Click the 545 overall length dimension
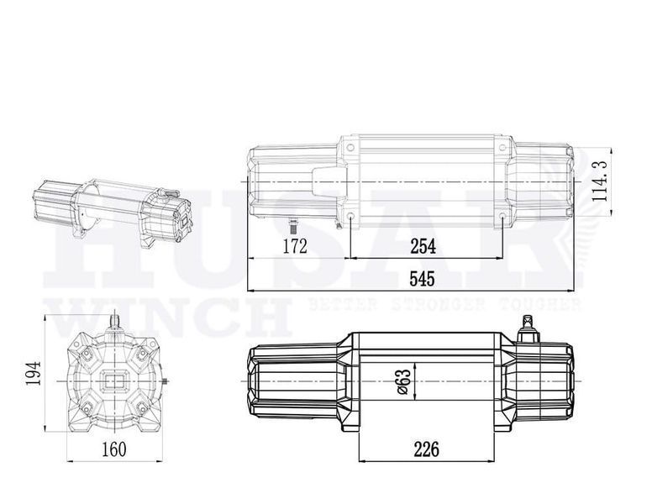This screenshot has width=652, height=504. tap(422, 279)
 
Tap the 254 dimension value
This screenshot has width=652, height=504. tap(423, 247)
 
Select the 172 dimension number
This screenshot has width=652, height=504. tap(295, 246)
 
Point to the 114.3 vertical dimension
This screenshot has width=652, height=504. tap(600, 181)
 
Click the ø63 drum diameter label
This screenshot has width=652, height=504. tap(404, 381)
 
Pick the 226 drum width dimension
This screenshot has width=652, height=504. tap(426, 449)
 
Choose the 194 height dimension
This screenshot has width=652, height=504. tap(34, 373)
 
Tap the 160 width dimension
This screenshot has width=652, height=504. tap(114, 449)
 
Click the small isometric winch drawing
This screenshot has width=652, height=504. tap(113, 213)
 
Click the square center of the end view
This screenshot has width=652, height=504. tap(114, 381)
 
